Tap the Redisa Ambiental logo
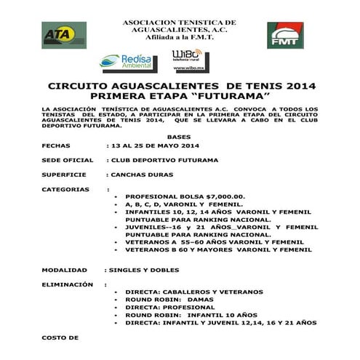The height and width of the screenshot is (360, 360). click(x=126, y=61)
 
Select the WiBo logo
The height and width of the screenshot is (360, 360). click(x=187, y=58)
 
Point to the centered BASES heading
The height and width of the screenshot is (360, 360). click(x=178, y=136)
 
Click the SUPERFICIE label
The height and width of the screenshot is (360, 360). click(x=63, y=175)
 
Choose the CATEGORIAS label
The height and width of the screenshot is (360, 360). click(x=65, y=189)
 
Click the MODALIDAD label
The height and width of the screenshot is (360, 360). click(x=63, y=270)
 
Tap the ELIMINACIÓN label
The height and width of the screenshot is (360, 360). click(x=68, y=284)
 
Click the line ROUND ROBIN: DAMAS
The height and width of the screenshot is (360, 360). click(x=169, y=299)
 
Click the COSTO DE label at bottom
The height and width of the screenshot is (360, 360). click(x=60, y=338)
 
